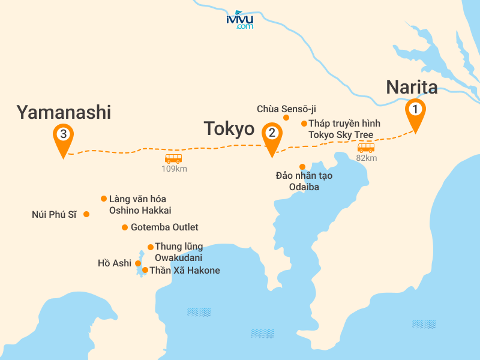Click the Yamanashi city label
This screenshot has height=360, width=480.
tap(64, 112)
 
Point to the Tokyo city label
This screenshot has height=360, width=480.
tap(229, 128)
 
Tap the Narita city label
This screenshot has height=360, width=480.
tap(412, 86)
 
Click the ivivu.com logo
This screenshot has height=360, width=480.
tap(240, 20)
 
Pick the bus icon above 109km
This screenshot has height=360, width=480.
tap(173, 158)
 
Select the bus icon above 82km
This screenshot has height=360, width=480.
tap(366, 148)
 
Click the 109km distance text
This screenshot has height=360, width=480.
tap(174, 169)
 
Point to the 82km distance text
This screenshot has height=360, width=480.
tap(366, 158)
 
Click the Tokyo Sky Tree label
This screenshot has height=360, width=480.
tap(344, 129)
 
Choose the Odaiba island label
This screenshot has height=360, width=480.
tap(304, 181)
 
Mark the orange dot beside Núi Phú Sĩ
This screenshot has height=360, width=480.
tap(87, 214)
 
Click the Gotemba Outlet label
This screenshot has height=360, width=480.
tap(164, 227)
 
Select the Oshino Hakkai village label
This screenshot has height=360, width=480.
tap(140, 205)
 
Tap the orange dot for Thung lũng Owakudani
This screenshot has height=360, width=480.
tap(151, 247)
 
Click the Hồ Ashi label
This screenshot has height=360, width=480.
tap(114, 263)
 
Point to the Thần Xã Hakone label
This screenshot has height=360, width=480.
tap(184, 271)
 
